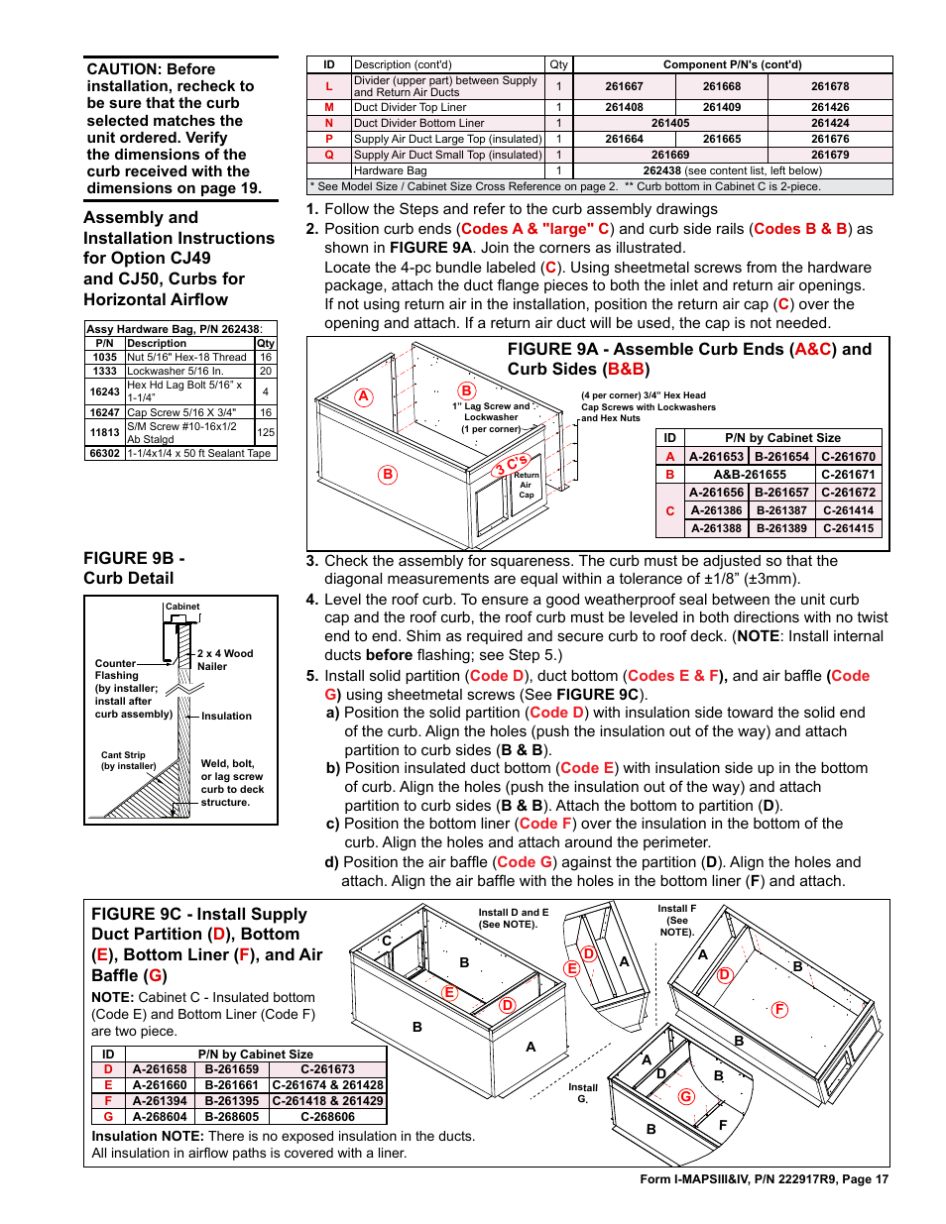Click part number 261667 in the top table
click(624, 86)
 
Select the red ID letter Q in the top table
click(329, 155)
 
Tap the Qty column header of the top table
click(558, 64)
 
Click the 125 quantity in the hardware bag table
click(266, 432)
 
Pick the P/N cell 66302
click(105, 453)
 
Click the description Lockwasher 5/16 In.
click(175, 371)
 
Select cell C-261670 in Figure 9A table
click(848, 457)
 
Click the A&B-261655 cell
click(750, 475)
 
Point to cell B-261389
click(781, 528)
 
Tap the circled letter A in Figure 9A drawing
click(364, 396)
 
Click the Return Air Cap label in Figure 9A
click(526, 485)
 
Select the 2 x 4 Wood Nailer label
click(224, 660)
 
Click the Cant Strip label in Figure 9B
click(123, 755)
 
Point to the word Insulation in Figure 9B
click(226, 716)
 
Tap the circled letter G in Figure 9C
click(686, 1096)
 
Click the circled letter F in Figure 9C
click(779, 1009)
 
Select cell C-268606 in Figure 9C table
click(327, 1117)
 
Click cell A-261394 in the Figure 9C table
click(160, 1101)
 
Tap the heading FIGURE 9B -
click(134, 559)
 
